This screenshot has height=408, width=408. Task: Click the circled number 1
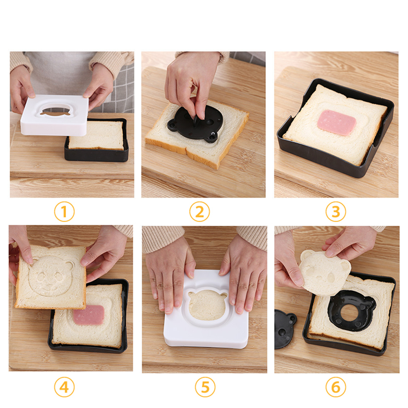click(64, 212)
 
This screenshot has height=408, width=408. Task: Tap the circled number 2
click(200, 212)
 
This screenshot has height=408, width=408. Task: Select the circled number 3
click(336, 212)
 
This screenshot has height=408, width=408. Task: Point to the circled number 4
click(64, 387)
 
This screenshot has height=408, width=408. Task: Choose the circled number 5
click(205, 387)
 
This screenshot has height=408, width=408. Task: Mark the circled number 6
click(336, 387)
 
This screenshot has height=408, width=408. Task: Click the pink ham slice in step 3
click(337, 123)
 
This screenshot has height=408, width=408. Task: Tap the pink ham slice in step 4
click(89, 315)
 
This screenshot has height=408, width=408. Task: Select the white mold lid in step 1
click(55, 115)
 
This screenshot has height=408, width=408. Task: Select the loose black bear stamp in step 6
click(284, 329)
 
